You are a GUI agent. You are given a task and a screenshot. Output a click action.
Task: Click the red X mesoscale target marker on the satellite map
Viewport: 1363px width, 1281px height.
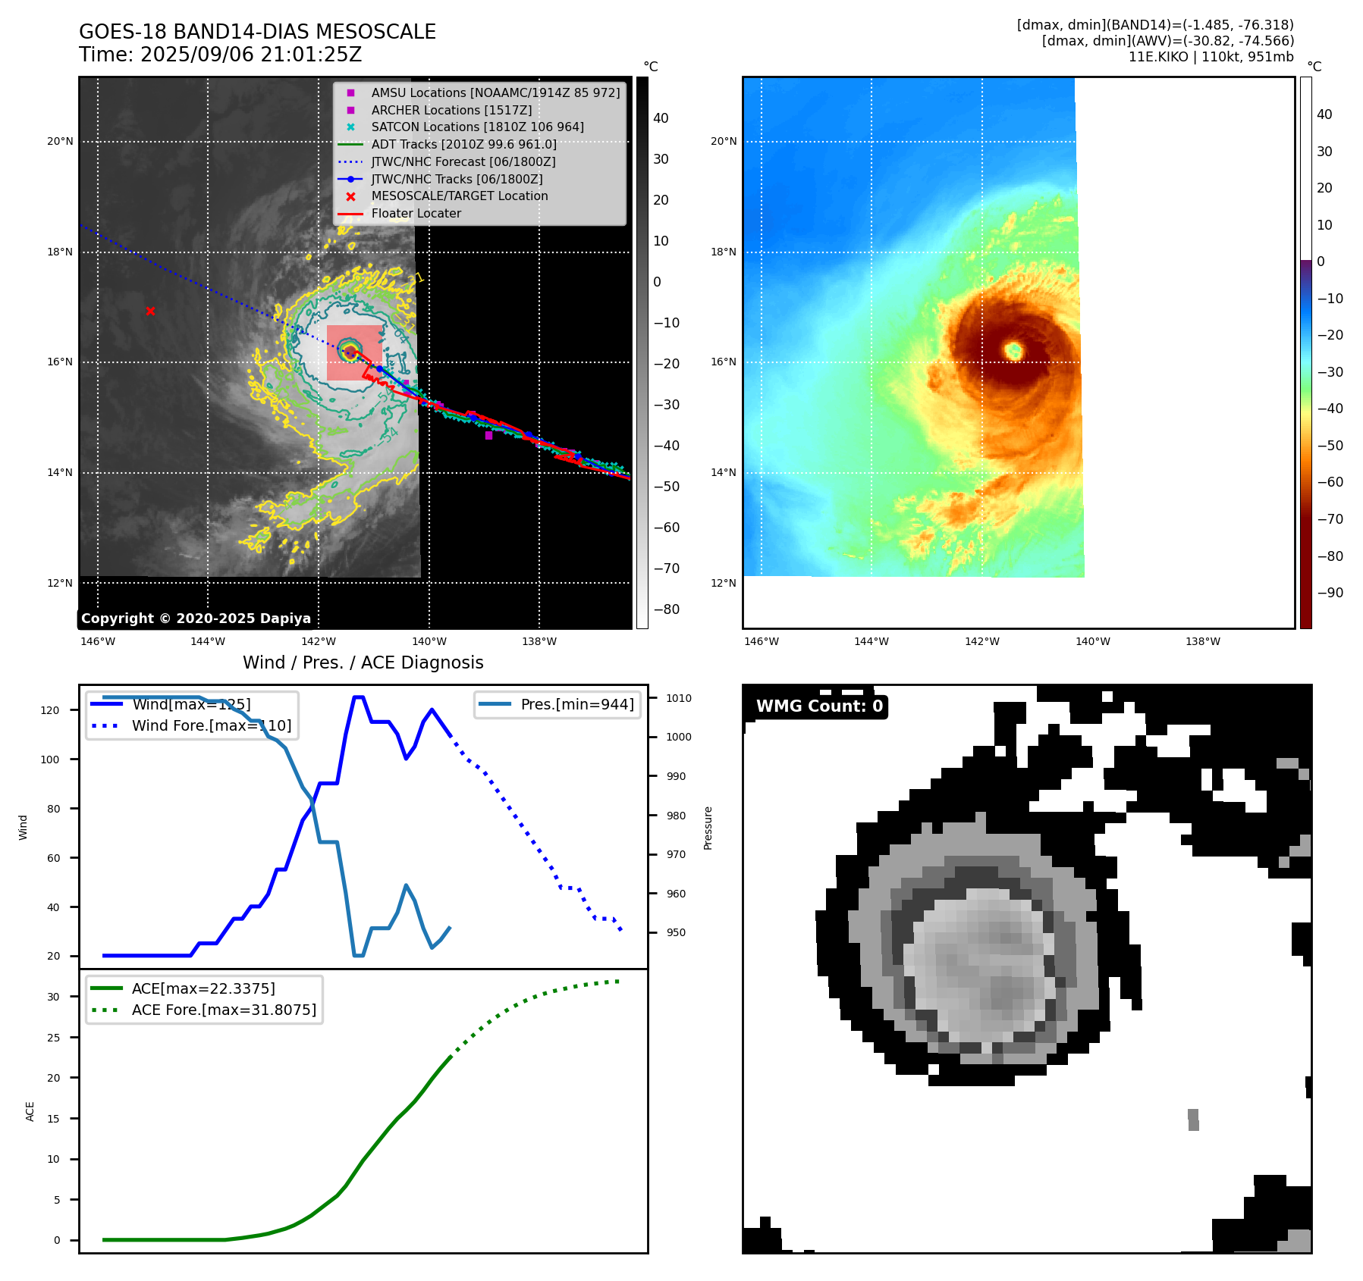click(150, 311)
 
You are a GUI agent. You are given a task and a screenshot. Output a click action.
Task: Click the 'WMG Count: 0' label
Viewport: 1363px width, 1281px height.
click(819, 706)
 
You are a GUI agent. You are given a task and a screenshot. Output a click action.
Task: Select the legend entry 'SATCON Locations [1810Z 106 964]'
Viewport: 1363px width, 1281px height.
click(477, 127)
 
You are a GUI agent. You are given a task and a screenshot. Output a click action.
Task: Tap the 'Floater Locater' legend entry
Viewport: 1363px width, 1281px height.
click(416, 214)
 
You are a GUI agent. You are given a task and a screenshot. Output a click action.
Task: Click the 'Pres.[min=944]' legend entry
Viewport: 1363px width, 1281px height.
click(576, 704)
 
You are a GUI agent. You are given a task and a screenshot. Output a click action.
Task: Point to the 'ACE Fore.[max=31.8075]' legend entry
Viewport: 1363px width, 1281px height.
click(224, 1010)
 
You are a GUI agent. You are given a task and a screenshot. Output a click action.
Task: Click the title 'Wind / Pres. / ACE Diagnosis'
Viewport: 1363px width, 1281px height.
click(363, 662)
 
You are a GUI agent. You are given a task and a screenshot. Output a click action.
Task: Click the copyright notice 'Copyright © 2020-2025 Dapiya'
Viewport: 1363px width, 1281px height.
click(196, 619)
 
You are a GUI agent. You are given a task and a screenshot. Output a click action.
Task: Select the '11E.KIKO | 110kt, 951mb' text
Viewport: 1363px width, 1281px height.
click(1211, 57)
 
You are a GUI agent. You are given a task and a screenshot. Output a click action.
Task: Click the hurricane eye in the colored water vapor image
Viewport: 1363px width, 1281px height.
click(1014, 350)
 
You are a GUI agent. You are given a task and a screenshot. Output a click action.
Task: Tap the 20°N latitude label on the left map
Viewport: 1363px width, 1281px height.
click(60, 142)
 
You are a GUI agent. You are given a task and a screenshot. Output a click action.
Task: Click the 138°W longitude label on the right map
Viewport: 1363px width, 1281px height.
click(1203, 641)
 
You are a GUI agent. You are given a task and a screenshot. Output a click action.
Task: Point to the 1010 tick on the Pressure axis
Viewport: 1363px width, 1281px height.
click(679, 698)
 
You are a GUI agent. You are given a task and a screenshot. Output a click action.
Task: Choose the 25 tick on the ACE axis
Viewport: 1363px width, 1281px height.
click(53, 1038)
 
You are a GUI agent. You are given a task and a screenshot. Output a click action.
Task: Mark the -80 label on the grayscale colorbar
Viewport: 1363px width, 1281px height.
click(667, 609)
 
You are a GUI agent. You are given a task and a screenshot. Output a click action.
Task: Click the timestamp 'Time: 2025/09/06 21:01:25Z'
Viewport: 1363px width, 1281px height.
click(220, 55)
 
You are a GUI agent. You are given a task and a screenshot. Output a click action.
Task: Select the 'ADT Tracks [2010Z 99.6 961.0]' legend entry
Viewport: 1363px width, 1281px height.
click(463, 145)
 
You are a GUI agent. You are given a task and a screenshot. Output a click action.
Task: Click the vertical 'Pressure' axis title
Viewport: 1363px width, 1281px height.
click(708, 828)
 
